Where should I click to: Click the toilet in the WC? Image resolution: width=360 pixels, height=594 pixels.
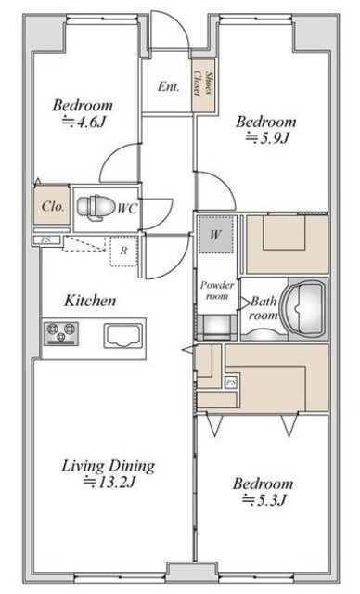[96, 208]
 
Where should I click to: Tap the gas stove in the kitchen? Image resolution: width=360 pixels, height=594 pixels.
[61, 333]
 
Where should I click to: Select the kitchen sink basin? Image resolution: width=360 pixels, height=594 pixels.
[123, 336]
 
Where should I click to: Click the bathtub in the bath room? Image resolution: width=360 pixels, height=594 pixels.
[306, 308]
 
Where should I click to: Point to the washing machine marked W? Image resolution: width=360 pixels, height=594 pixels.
[215, 235]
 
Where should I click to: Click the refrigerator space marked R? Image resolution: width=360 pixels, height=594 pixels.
[123, 252]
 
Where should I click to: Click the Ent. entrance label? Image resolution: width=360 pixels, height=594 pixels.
[169, 86]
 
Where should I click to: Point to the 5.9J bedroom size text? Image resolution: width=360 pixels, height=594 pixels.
[267, 138]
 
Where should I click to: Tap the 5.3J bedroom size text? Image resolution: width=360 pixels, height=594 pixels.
[263, 500]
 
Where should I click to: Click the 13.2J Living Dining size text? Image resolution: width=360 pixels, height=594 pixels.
[109, 483]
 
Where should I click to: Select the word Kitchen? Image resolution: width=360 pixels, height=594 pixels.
[90, 301]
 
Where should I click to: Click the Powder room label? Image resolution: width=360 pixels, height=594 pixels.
[217, 291]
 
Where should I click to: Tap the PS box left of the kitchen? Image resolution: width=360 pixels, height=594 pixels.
[46, 239]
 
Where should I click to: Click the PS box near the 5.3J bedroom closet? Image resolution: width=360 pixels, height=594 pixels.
[230, 382]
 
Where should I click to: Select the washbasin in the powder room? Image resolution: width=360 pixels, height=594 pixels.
[217, 327]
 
